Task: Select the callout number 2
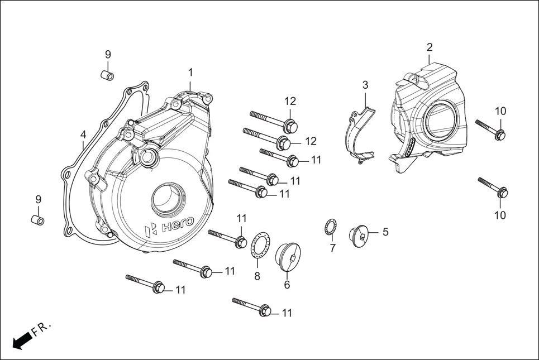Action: pyautogui.click(x=430, y=47)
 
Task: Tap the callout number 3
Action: pyautogui.click(x=365, y=85)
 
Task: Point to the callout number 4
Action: pyautogui.click(x=83, y=135)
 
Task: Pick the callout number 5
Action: pyautogui.click(x=385, y=232)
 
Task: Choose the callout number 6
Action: pyautogui.click(x=287, y=284)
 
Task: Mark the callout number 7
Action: pyautogui.click(x=332, y=248)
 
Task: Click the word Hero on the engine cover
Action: pyautogui.click(x=177, y=224)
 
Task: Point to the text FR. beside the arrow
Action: pyautogui.click(x=41, y=329)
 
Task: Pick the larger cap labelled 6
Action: pyautogui.click(x=289, y=256)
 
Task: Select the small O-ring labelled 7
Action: pyautogui.click(x=331, y=228)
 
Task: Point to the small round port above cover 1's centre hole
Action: pyautogui.click(x=149, y=157)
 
